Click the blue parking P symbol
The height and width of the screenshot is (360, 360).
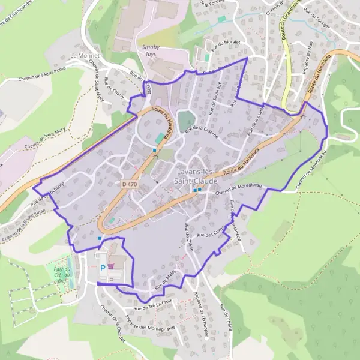pos(103,268)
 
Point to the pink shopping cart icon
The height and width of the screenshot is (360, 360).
pos(112,268)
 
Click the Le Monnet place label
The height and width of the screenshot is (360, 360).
pos(82,55)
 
